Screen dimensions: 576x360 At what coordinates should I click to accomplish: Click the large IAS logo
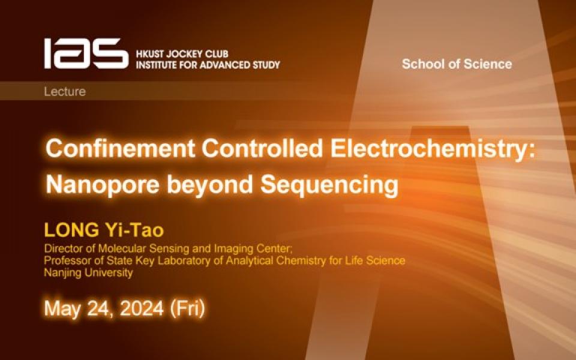(86, 53)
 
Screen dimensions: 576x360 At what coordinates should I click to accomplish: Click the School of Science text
(457, 64)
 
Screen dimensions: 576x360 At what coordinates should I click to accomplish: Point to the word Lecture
(65, 91)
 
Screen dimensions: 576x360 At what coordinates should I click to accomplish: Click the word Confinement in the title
(120, 148)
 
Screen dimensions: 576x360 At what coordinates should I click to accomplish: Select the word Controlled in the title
(262, 148)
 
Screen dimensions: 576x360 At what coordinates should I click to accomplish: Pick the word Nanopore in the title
(103, 184)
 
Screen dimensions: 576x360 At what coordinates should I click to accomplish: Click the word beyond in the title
(210, 184)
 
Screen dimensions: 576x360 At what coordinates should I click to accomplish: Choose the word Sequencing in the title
(329, 184)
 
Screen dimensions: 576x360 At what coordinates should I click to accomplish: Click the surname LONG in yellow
(71, 230)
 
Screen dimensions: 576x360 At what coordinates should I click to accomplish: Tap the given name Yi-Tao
(134, 230)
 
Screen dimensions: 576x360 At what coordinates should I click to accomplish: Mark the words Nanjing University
(88, 273)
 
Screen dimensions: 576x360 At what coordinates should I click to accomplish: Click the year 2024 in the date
(142, 308)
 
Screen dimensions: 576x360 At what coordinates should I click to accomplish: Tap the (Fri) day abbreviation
(187, 308)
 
